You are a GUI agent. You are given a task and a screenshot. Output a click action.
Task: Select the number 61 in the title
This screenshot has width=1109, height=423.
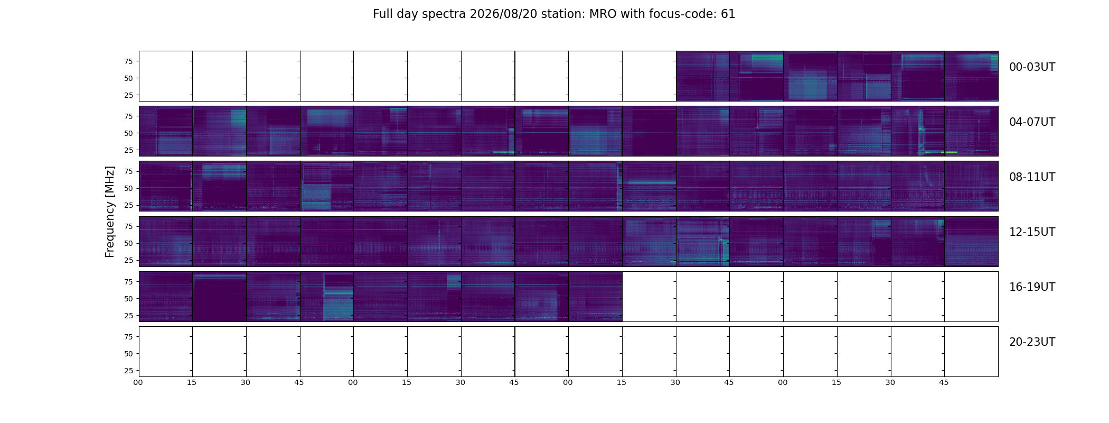tap(728, 14)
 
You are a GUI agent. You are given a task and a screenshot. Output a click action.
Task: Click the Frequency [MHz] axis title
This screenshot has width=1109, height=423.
tap(110, 212)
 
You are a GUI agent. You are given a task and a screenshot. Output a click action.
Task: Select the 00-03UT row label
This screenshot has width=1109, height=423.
tap(1032, 67)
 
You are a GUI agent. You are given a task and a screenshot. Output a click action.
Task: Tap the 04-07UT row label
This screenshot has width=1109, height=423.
tap(1032, 122)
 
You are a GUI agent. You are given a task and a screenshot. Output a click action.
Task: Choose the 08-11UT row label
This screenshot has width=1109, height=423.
tap(1032, 177)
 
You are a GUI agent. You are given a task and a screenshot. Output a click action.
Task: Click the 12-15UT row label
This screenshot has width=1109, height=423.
tap(1032, 232)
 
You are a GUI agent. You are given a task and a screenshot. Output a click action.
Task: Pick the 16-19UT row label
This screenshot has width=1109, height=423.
tap(1032, 287)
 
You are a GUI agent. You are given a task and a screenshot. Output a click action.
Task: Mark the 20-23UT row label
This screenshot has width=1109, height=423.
tap(1032, 342)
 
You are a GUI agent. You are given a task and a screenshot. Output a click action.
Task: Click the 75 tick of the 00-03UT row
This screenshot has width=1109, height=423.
tap(128, 61)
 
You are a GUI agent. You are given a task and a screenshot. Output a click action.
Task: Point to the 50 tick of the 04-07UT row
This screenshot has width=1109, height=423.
tap(128, 133)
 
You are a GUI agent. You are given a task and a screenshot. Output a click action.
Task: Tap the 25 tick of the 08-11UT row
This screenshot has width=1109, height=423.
tap(128, 205)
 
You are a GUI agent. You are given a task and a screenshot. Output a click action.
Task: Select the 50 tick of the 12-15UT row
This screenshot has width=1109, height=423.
tap(128, 243)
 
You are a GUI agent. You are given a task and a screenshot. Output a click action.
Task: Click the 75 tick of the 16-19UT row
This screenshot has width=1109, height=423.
tap(128, 282)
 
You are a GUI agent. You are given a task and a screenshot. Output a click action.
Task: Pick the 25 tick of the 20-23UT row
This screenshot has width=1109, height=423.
tap(128, 371)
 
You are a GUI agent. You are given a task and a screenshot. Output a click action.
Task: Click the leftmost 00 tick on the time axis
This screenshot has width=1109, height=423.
tap(138, 382)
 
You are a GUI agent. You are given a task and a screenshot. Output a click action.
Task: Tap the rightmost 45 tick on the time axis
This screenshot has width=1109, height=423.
tap(944, 382)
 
